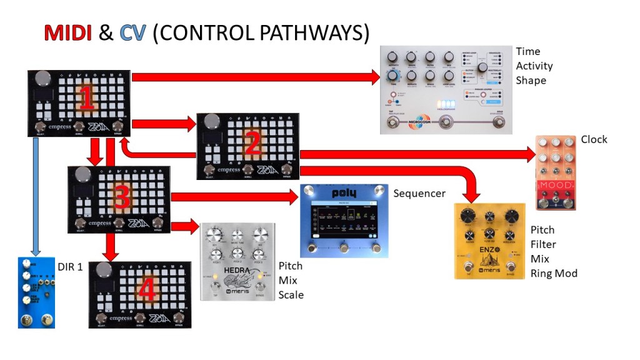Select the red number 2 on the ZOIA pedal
coord(252,144)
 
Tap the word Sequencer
coord(419,193)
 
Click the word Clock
coord(594,139)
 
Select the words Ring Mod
coord(554,273)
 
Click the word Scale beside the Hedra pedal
coord(291,294)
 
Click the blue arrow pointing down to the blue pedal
coord(36,196)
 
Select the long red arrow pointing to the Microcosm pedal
coord(256,77)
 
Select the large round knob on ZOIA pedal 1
coord(42,80)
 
